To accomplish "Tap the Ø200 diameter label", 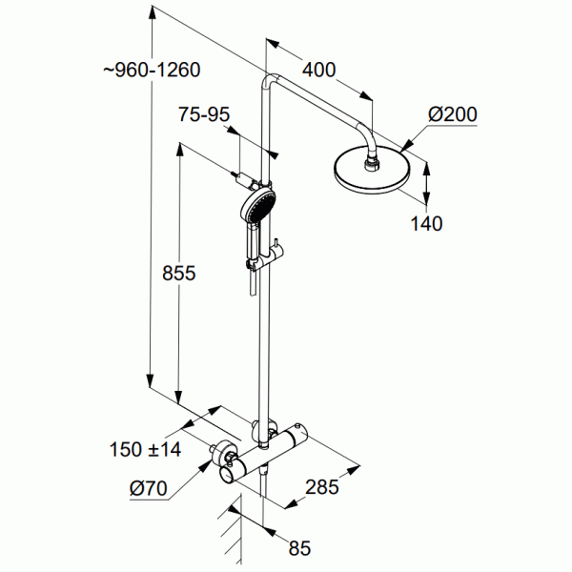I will click(x=452, y=114).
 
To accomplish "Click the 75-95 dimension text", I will click(x=204, y=114).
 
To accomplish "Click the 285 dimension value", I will click(x=322, y=489).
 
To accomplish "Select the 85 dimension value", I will click(x=299, y=547).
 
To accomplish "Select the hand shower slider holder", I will click(x=271, y=252).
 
